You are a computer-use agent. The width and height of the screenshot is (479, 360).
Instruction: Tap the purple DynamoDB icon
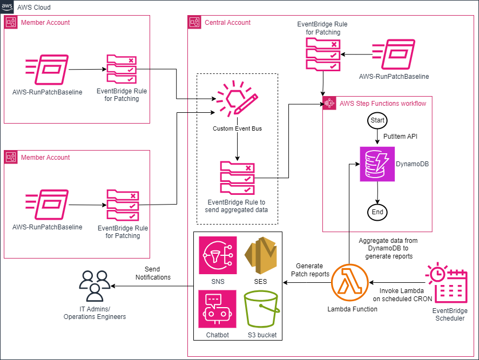[377, 164]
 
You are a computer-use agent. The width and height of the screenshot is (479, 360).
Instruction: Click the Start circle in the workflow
[377, 120]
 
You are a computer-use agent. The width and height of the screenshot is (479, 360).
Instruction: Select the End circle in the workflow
[377, 212]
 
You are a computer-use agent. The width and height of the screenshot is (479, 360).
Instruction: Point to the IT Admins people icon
[95, 286]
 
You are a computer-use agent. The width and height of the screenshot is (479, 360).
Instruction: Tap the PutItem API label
[401, 137]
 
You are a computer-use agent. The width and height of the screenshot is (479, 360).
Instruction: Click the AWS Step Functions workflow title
[382, 103]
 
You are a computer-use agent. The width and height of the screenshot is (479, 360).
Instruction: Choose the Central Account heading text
[227, 23]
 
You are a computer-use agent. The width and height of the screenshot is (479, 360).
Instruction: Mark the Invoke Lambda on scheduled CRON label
[402, 294]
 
